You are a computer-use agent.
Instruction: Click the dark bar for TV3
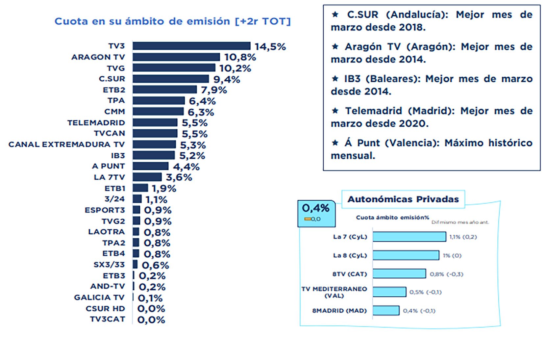pyautogui.click(x=191, y=46)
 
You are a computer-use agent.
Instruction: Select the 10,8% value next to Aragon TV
pyautogui.click(x=240, y=57)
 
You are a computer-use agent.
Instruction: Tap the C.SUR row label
pyautogui.click(x=112, y=79)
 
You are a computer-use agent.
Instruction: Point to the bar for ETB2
pyautogui.click(x=165, y=90)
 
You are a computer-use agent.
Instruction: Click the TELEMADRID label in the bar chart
pyautogui.click(x=96, y=123)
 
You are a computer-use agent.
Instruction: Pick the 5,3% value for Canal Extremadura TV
pyautogui.click(x=193, y=145)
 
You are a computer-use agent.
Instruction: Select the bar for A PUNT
pyautogui.click(x=151, y=166)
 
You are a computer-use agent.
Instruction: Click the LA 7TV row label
pyautogui.click(x=109, y=177)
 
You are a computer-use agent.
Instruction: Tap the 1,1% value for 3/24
pyautogui.click(x=156, y=200)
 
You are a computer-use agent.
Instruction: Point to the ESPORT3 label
pyautogui.click(x=105, y=210)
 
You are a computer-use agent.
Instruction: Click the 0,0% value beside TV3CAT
pyautogui.click(x=151, y=320)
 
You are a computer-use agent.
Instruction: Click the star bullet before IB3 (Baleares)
pyautogui.click(x=335, y=79)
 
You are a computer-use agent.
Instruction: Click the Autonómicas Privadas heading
pyautogui.click(x=403, y=199)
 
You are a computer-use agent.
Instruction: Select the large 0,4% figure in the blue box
pyautogui.click(x=315, y=208)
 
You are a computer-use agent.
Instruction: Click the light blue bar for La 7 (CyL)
pyautogui.click(x=409, y=237)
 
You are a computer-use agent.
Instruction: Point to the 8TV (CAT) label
pyautogui.click(x=349, y=274)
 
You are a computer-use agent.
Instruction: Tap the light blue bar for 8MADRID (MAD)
pyautogui.click(x=386, y=310)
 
